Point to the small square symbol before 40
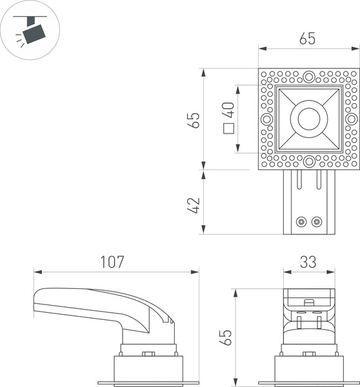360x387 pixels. [228, 128]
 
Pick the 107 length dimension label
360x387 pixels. [112, 262]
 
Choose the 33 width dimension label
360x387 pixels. [308, 262]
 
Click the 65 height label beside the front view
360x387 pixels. [225, 337]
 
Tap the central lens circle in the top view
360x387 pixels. [308, 119]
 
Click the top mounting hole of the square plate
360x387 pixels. [308, 77]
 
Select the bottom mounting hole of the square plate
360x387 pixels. [308, 161]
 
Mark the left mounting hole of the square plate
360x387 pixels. [266, 119]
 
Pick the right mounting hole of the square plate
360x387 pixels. [350, 119]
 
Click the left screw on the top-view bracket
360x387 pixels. [301, 221]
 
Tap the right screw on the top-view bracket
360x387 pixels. [316, 221]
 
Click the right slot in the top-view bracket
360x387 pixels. [319, 181]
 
